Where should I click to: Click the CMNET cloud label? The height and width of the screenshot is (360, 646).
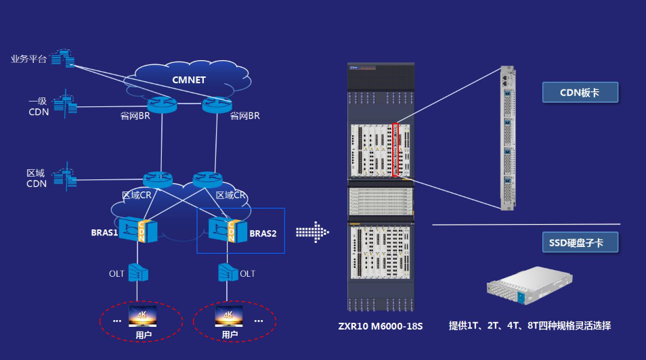pyautogui.click(x=189, y=81)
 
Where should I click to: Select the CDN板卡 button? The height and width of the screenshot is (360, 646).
pyautogui.click(x=580, y=92)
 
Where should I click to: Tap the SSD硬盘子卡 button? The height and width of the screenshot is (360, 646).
pyautogui.click(x=580, y=242)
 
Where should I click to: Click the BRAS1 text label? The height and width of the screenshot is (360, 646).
pyautogui.click(x=105, y=233)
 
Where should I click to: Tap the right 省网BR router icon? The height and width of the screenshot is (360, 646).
pyautogui.click(x=215, y=104)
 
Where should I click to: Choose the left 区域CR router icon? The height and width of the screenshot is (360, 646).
pyautogui.click(x=157, y=179)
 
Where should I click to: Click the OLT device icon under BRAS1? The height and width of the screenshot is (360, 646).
pyautogui.click(x=138, y=272)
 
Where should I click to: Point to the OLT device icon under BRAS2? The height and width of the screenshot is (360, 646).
pyautogui.click(x=228, y=272)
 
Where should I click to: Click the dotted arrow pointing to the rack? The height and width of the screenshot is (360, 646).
pyautogui.click(x=312, y=232)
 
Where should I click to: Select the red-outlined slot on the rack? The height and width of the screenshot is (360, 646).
pyautogui.click(x=396, y=150)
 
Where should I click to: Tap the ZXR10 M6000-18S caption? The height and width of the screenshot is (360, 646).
pyautogui.click(x=381, y=327)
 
